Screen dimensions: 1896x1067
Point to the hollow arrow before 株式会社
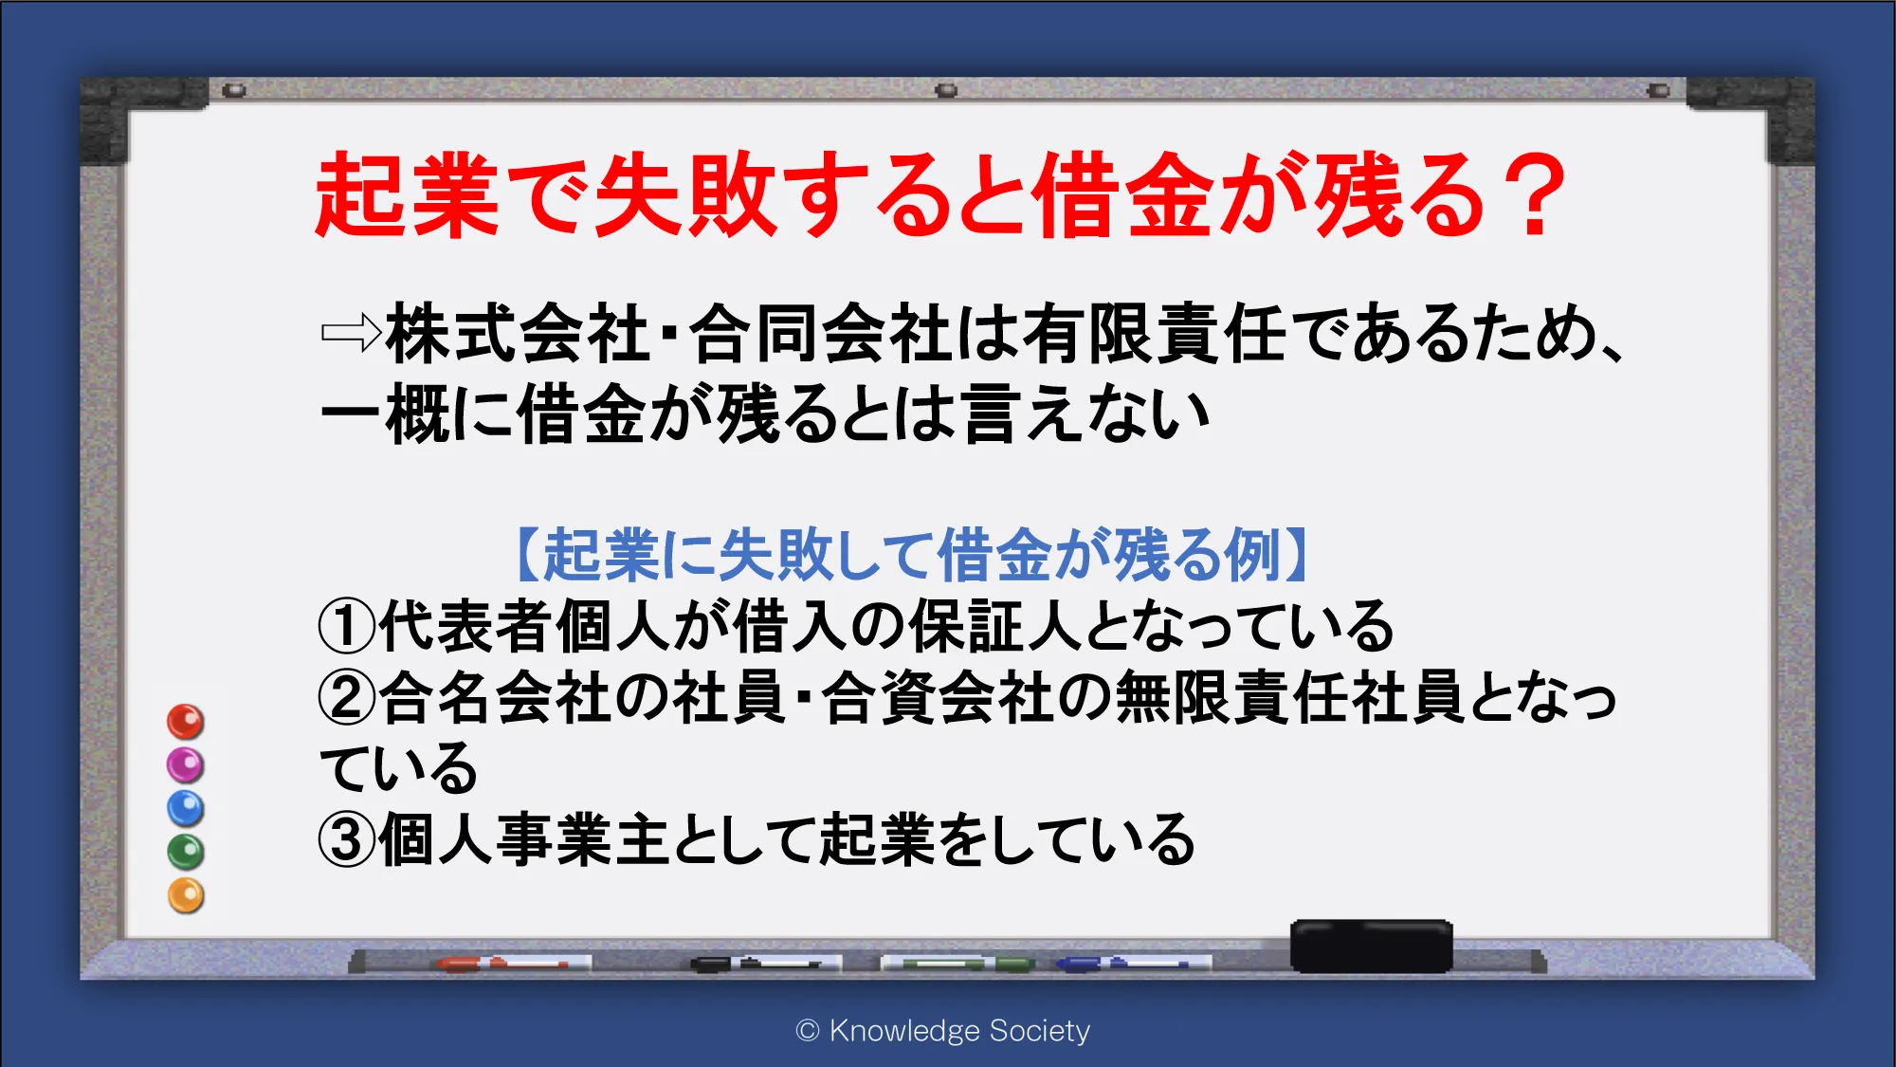351,333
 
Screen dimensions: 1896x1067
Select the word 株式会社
518,333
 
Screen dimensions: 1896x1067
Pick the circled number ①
347,626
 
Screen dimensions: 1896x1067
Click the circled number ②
347,697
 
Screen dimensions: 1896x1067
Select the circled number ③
347,839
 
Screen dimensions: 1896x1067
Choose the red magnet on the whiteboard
186,722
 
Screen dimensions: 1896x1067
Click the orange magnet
186,895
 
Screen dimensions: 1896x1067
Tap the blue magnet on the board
186,808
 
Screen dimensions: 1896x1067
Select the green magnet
186,852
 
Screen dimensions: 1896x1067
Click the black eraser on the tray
1371,946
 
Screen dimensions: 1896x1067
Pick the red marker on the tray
502,964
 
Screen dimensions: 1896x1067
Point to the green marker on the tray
957,964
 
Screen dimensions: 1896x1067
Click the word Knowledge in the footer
904,1031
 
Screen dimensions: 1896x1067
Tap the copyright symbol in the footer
808,1031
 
